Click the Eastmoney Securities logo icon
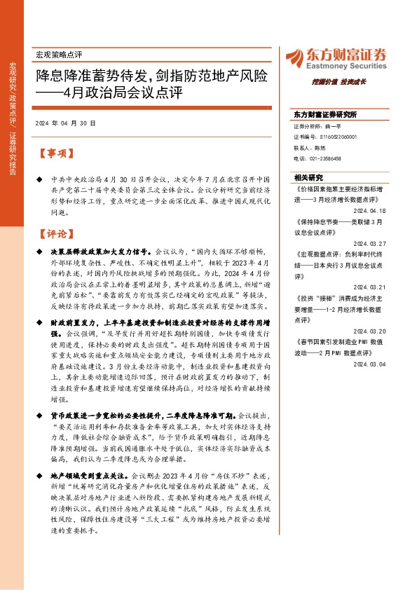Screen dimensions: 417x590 pos(295,57)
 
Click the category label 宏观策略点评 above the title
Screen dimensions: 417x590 pos(59,54)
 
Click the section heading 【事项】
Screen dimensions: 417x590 pos(54,153)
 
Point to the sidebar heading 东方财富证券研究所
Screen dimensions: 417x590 pos(325,114)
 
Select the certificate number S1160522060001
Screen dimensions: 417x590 pos(334,137)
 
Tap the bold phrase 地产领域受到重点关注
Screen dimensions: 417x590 pos(89,474)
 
